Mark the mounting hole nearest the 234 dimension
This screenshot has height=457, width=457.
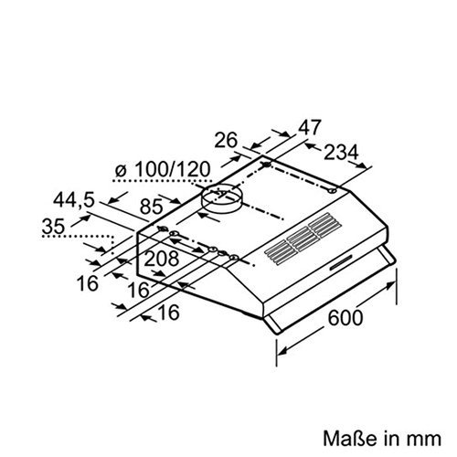pyautogui.click(x=328, y=189)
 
